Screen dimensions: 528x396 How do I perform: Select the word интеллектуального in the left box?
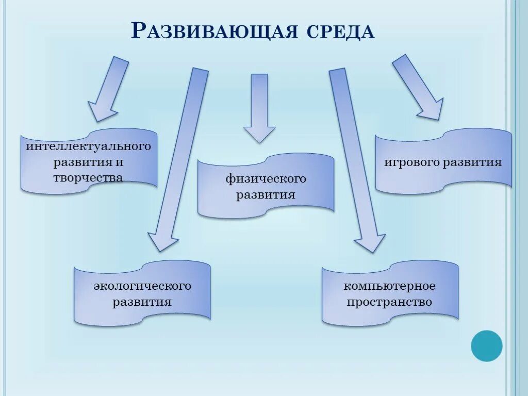pyautogui.click(x=89, y=146)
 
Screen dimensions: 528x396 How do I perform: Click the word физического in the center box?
pyautogui.click(x=266, y=179)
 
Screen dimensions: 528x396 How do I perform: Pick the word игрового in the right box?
pyautogui.click(x=410, y=162)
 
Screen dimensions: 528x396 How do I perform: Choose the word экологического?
pyautogui.click(x=142, y=286)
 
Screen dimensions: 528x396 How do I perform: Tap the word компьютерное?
pyautogui.click(x=390, y=286)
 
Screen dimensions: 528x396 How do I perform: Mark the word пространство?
pyautogui.click(x=390, y=302)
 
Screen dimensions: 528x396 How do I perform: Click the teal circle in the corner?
pyautogui.click(x=486, y=345)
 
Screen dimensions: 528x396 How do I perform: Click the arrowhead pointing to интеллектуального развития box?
pyautogui.click(x=102, y=111)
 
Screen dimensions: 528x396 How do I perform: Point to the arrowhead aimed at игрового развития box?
pyautogui.click(x=431, y=109)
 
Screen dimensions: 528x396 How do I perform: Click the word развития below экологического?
pyautogui.click(x=142, y=302)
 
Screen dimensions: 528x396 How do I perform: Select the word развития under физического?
pyautogui.click(x=266, y=195)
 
